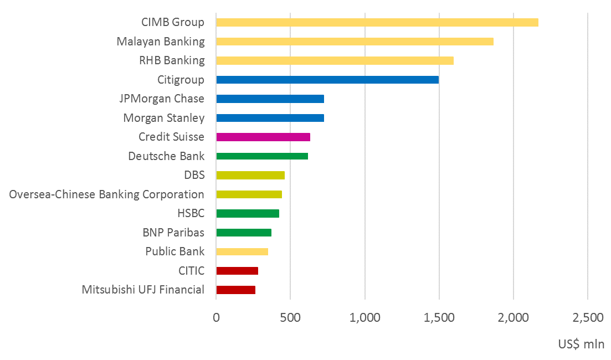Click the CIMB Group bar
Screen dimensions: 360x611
click(x=377, y=23)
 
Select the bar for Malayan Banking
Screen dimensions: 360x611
click(x=355, y=42)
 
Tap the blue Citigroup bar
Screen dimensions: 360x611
click(x=327, y=80)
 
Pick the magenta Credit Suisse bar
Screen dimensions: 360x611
click(x=263, y=137)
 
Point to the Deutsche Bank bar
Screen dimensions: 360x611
click(x=262, y=156)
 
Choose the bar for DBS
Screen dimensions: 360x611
click(x=250, y=175)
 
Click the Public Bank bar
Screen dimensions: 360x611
click(x=242, y=251)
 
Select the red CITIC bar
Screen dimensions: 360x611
click(x=237, y=271)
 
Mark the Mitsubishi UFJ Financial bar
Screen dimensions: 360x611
click(x=235, y=290)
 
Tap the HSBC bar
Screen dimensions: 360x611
click(x=248, y=213)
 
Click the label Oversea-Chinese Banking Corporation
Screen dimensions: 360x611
click(x=107, y=194)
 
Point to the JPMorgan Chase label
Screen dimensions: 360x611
click(x=162, y=99)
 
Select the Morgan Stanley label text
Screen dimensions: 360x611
click(x=163, y=118)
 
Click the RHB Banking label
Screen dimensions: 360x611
click(x=172, y=60)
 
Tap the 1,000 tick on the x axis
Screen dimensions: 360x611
click(x=365, y=318)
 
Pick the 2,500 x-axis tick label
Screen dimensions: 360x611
click(x=588, y=318)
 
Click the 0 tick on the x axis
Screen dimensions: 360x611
click(x=216, y=318)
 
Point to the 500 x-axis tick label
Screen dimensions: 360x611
click(x=290, y=318)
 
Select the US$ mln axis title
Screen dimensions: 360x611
click(x=581, y=344)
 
